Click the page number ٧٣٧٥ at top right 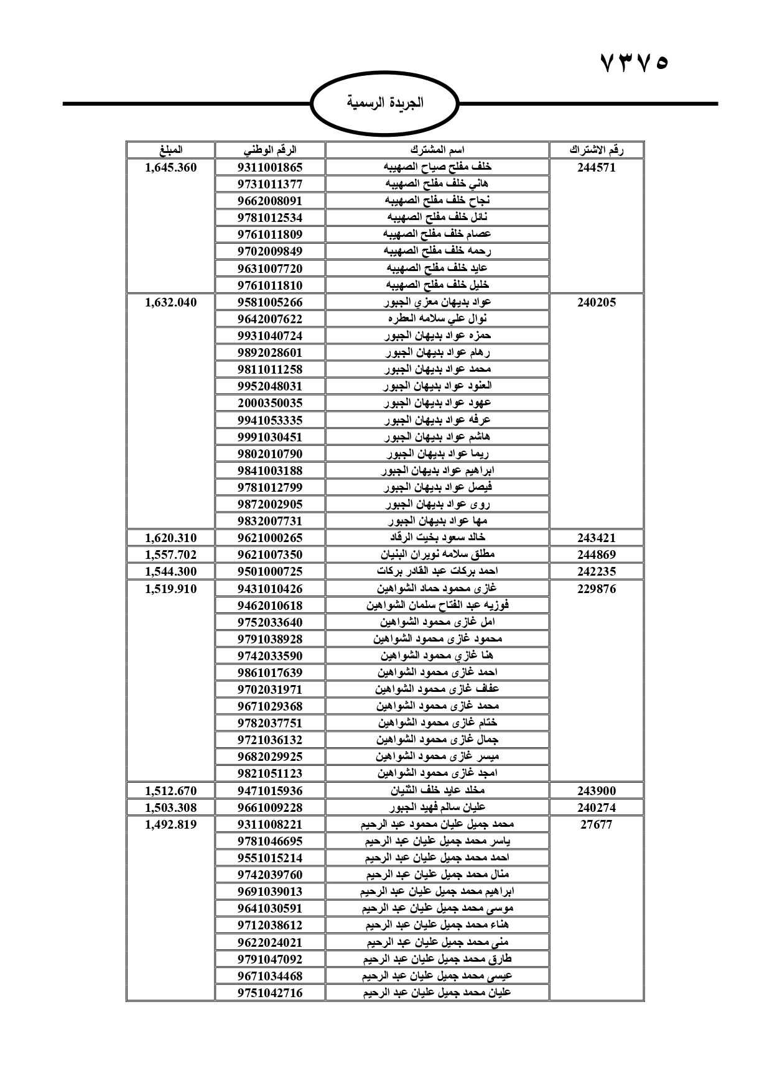click(x=634, y=62)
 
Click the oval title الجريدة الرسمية click(x=384, y=103)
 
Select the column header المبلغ click(x=170, y=150)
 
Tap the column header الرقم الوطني click(x=269, y=150)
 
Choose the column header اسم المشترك click(x=437, y=150)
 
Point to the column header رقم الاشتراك click(x=597, y=150)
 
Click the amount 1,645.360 click(x=170, y=167)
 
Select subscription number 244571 click(x=597, y=167)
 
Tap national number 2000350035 click(x=270, y=403)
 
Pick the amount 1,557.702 click(x=170, y=555)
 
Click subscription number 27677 click(x=597, y=824)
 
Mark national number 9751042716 click(x=270, y=993)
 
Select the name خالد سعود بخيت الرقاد click(x=437, y=537)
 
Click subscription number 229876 click(x=597, y=589)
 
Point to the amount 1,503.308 click(x=170, y=808)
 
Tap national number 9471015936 click(x=270, y=791)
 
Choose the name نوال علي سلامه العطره click(x=437, y=319)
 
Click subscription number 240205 click(x=597, y=302)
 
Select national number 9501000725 click(x=270, y=571)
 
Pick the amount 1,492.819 click(x=170, y=824)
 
